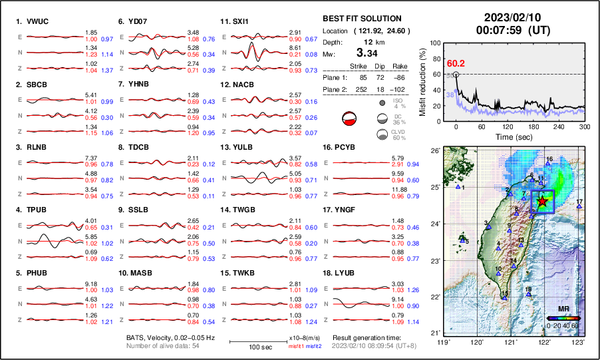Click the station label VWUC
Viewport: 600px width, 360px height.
point(37,21)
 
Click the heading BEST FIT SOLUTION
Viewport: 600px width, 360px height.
point(361,19)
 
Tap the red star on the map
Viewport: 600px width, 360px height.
point(543,200)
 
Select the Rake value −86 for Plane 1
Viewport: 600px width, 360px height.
point(400,77)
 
